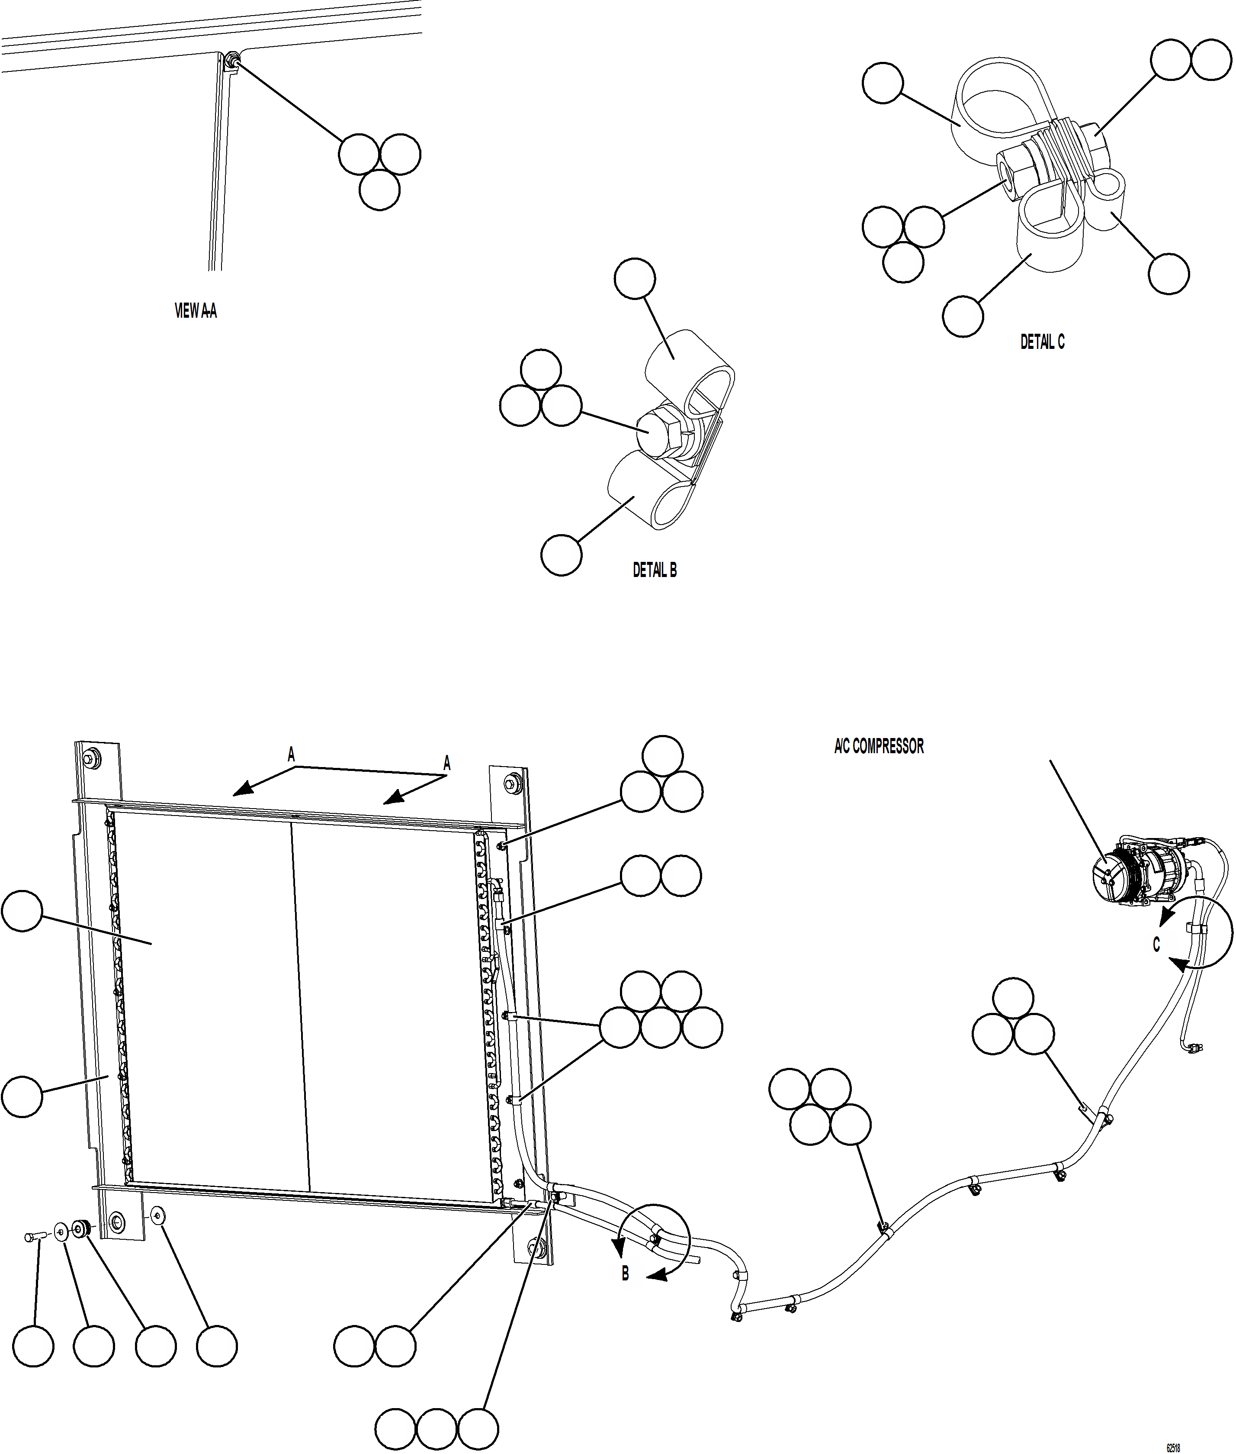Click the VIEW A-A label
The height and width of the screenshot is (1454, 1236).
click(196, 310)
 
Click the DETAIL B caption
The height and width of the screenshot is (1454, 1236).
click(655, 570)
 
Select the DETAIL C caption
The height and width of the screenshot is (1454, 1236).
click(1042, 342)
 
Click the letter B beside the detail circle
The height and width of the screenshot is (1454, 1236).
click(626, 1273)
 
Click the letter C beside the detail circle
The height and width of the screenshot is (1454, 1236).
click(1156, 945)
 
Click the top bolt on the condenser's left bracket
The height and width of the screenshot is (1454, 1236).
click(90, 758)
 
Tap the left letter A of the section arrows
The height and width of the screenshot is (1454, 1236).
click(292, 755)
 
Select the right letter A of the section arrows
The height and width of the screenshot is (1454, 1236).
click(447, 764)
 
